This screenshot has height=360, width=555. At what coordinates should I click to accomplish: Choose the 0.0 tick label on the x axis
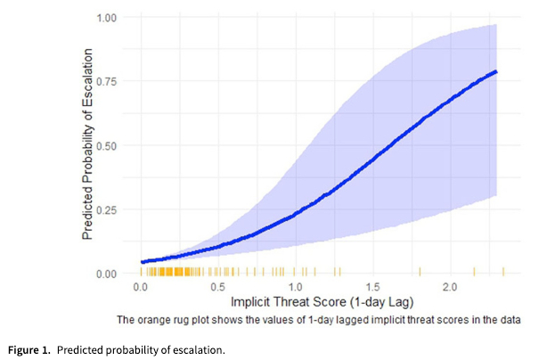(141, 288)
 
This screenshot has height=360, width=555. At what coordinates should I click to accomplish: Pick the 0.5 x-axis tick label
(218, 288)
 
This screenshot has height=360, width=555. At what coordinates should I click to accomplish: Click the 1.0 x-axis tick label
(296, 288)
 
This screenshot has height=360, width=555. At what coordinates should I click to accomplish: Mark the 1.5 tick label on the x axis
(373, 288)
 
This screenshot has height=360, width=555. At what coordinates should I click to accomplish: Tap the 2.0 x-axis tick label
(451, 288)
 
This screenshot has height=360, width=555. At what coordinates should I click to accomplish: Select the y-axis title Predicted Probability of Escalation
(89, 145)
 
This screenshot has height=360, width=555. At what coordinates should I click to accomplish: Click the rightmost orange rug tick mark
(503, 271)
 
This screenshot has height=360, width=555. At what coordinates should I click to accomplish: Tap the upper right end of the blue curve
(495, 71)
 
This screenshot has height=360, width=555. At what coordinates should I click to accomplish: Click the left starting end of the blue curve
(143, 262)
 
